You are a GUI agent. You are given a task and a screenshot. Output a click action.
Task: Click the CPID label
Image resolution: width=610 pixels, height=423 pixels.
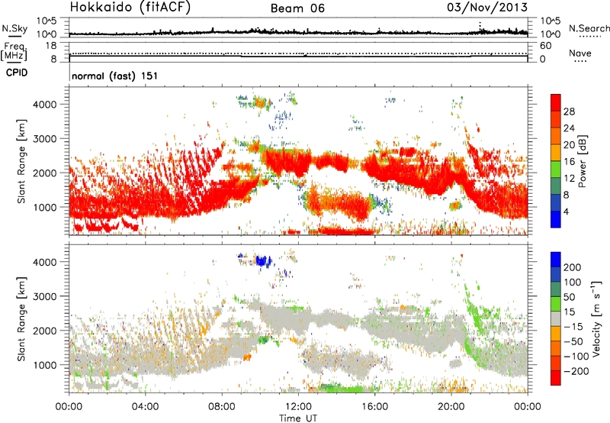pyautogui.click(x=18, y=75)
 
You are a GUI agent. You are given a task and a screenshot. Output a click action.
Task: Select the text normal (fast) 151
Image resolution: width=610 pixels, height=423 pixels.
pyautogui.click(x=114, y=76)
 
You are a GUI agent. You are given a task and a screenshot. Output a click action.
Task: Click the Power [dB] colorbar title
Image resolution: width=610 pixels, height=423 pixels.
pyautogui.click(x=594, y=161)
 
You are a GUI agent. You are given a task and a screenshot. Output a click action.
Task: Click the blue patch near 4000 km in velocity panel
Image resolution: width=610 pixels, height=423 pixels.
pyautogui.click(x=264, y=260)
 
